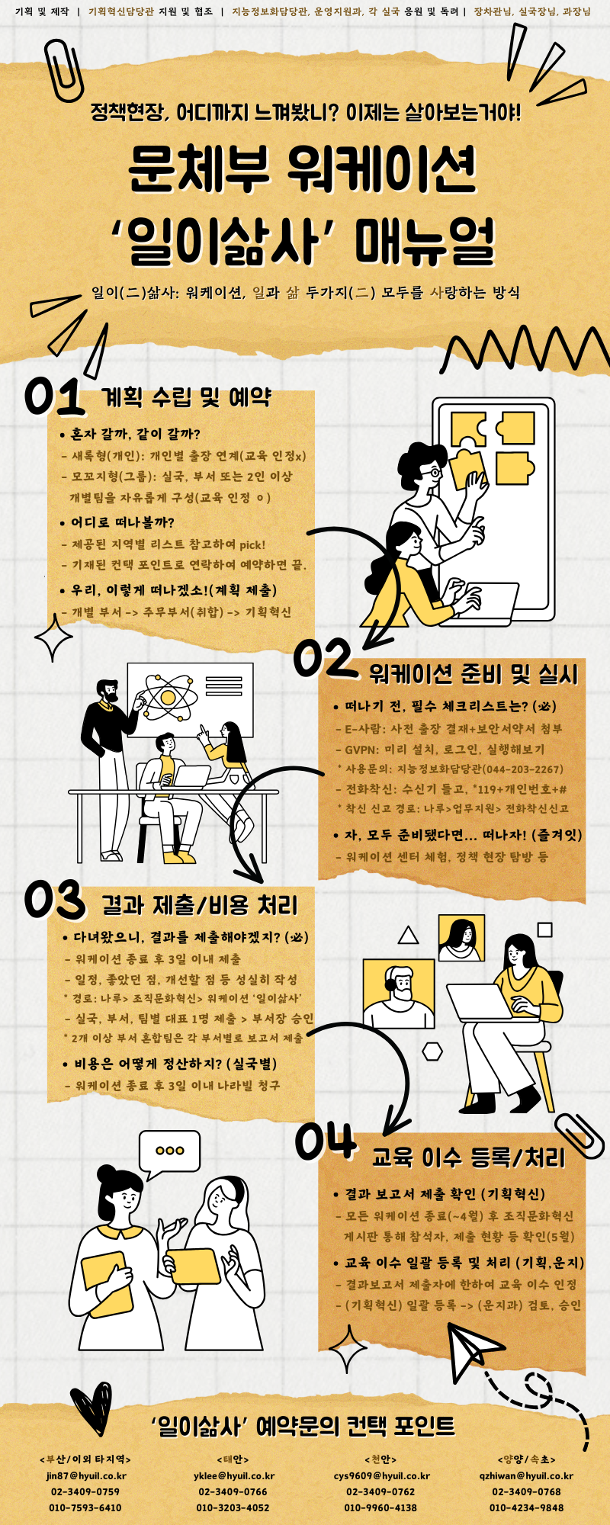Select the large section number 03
tap(55, 900)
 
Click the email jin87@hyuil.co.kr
tap(85, 1475)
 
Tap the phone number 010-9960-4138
tap(381, 1507)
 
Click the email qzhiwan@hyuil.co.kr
tap(526, 1475)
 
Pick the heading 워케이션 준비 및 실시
tap(473, 674)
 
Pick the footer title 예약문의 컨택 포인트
tap(303, 1425)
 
